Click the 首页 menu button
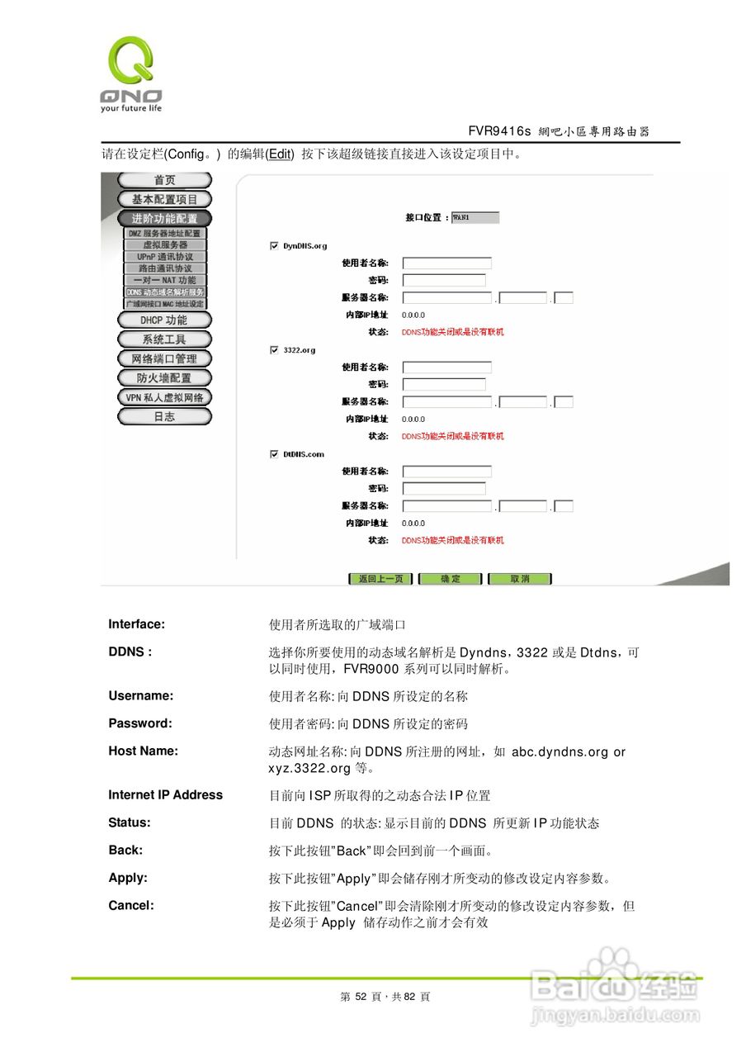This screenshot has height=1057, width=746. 164,180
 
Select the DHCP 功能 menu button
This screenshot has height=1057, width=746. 164,320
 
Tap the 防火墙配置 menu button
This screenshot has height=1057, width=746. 164,377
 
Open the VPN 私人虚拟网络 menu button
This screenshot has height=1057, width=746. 164,397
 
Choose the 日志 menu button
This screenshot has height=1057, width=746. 164,416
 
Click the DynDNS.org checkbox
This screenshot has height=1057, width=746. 274,245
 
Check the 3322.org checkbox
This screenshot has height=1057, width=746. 274,350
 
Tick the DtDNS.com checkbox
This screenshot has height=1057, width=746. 274,454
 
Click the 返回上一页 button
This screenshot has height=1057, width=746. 380,579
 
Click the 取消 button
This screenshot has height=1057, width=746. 520,579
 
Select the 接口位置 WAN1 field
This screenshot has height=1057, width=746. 475,218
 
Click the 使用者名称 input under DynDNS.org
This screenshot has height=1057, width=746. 446,263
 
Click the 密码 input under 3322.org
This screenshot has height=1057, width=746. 444,385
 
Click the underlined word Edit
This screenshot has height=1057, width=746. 281,154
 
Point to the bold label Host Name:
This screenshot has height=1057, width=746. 143,751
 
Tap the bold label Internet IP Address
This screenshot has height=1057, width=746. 165,795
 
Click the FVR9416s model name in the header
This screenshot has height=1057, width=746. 499,131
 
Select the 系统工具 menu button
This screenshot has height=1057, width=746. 164,339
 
